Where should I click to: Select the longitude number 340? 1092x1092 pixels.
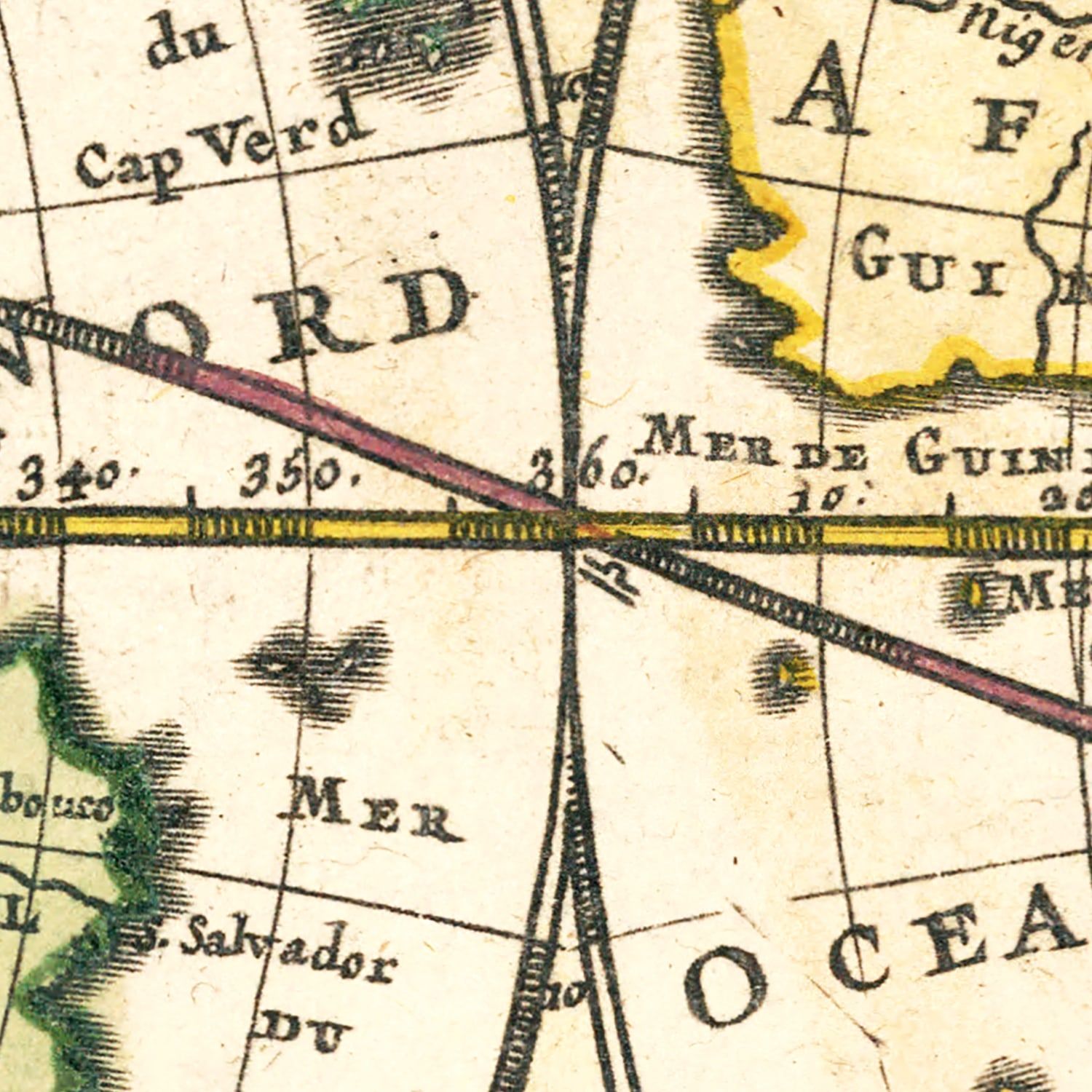(76, 478)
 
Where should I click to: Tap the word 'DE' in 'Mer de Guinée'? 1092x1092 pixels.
(830, 456)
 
